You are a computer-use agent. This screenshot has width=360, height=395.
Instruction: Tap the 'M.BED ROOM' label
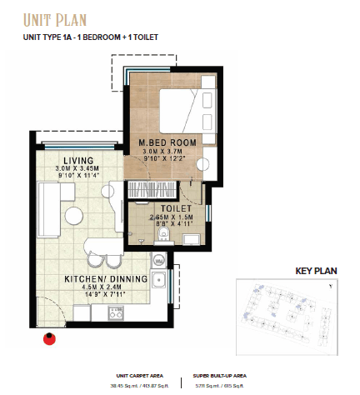pos(167,142)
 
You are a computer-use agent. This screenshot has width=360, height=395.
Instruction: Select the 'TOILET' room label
pos(165,208)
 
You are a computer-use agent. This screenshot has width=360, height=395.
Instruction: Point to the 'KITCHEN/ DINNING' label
pos(109,279)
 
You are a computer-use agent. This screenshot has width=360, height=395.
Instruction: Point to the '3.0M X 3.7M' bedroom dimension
pos(167,152)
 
